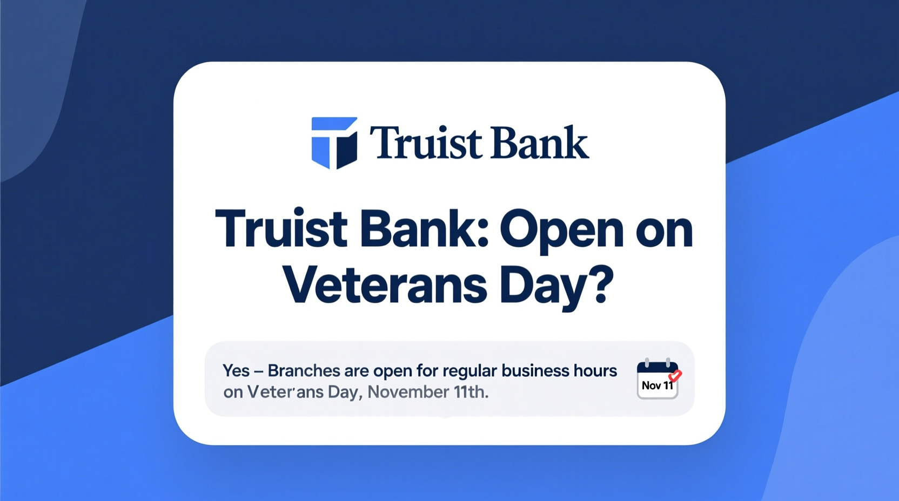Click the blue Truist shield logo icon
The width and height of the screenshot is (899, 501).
point(334,143)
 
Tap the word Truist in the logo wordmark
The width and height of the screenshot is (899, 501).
point(418,143)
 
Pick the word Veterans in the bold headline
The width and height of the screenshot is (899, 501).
point(385,285)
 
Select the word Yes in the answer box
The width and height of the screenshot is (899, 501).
point(236,371)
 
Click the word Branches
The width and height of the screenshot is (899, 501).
point(304,371)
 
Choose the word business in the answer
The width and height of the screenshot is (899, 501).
point(535,371)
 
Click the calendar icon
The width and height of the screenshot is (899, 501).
point(657,379)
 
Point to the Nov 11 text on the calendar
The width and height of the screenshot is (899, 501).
point(657,385)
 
